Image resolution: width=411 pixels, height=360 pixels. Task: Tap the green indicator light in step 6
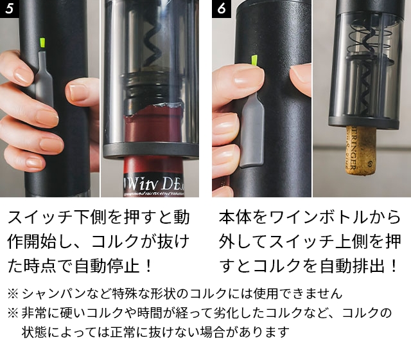pos(254,61)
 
